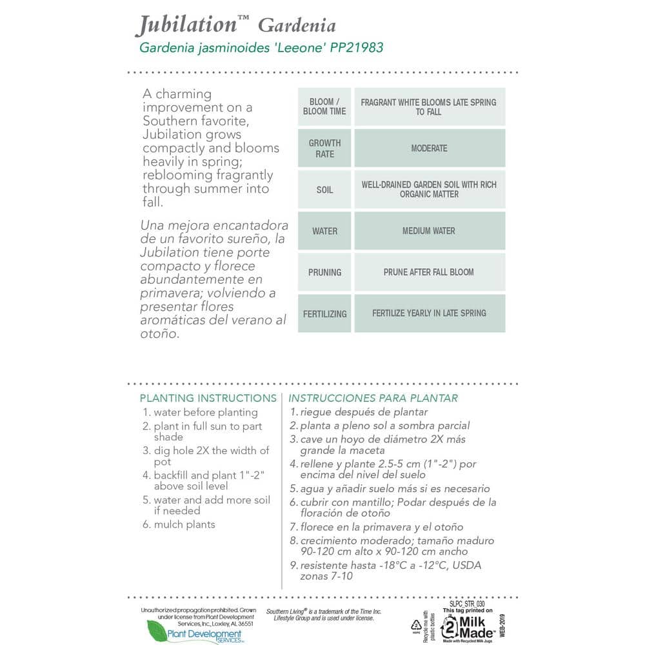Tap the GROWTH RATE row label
[324, 148]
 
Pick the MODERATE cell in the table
[429, 148]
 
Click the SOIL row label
[324, 190]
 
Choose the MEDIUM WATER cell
[429, 231]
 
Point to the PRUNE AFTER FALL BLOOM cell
[429, 272]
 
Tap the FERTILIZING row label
[324, 314]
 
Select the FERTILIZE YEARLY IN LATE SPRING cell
[429, 313]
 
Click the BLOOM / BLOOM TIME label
[324, 106]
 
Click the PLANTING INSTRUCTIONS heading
[208, 398]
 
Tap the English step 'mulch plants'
[184, 524]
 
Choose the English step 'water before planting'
[205, 412]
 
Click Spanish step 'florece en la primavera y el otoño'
[381, 527]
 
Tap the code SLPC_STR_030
[468, 603]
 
